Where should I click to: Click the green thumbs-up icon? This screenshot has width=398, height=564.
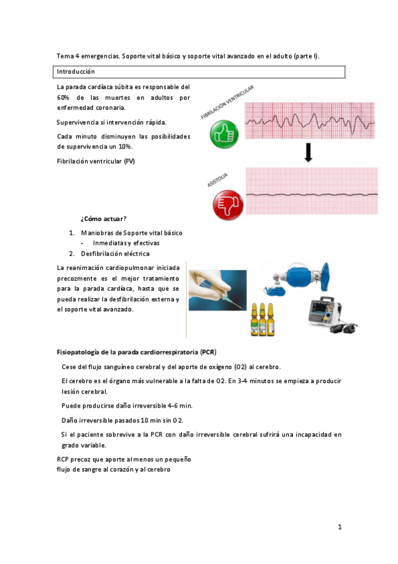(x=224, y=134)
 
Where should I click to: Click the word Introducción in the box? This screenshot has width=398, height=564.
(x=76, y=71)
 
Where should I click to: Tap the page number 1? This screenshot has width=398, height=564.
(x=339, y=527)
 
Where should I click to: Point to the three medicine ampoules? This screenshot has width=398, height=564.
(x=262, y=319)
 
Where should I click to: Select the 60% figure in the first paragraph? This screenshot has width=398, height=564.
(x=64, y=97)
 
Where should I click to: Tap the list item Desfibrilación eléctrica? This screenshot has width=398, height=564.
(x=115, y=253)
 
